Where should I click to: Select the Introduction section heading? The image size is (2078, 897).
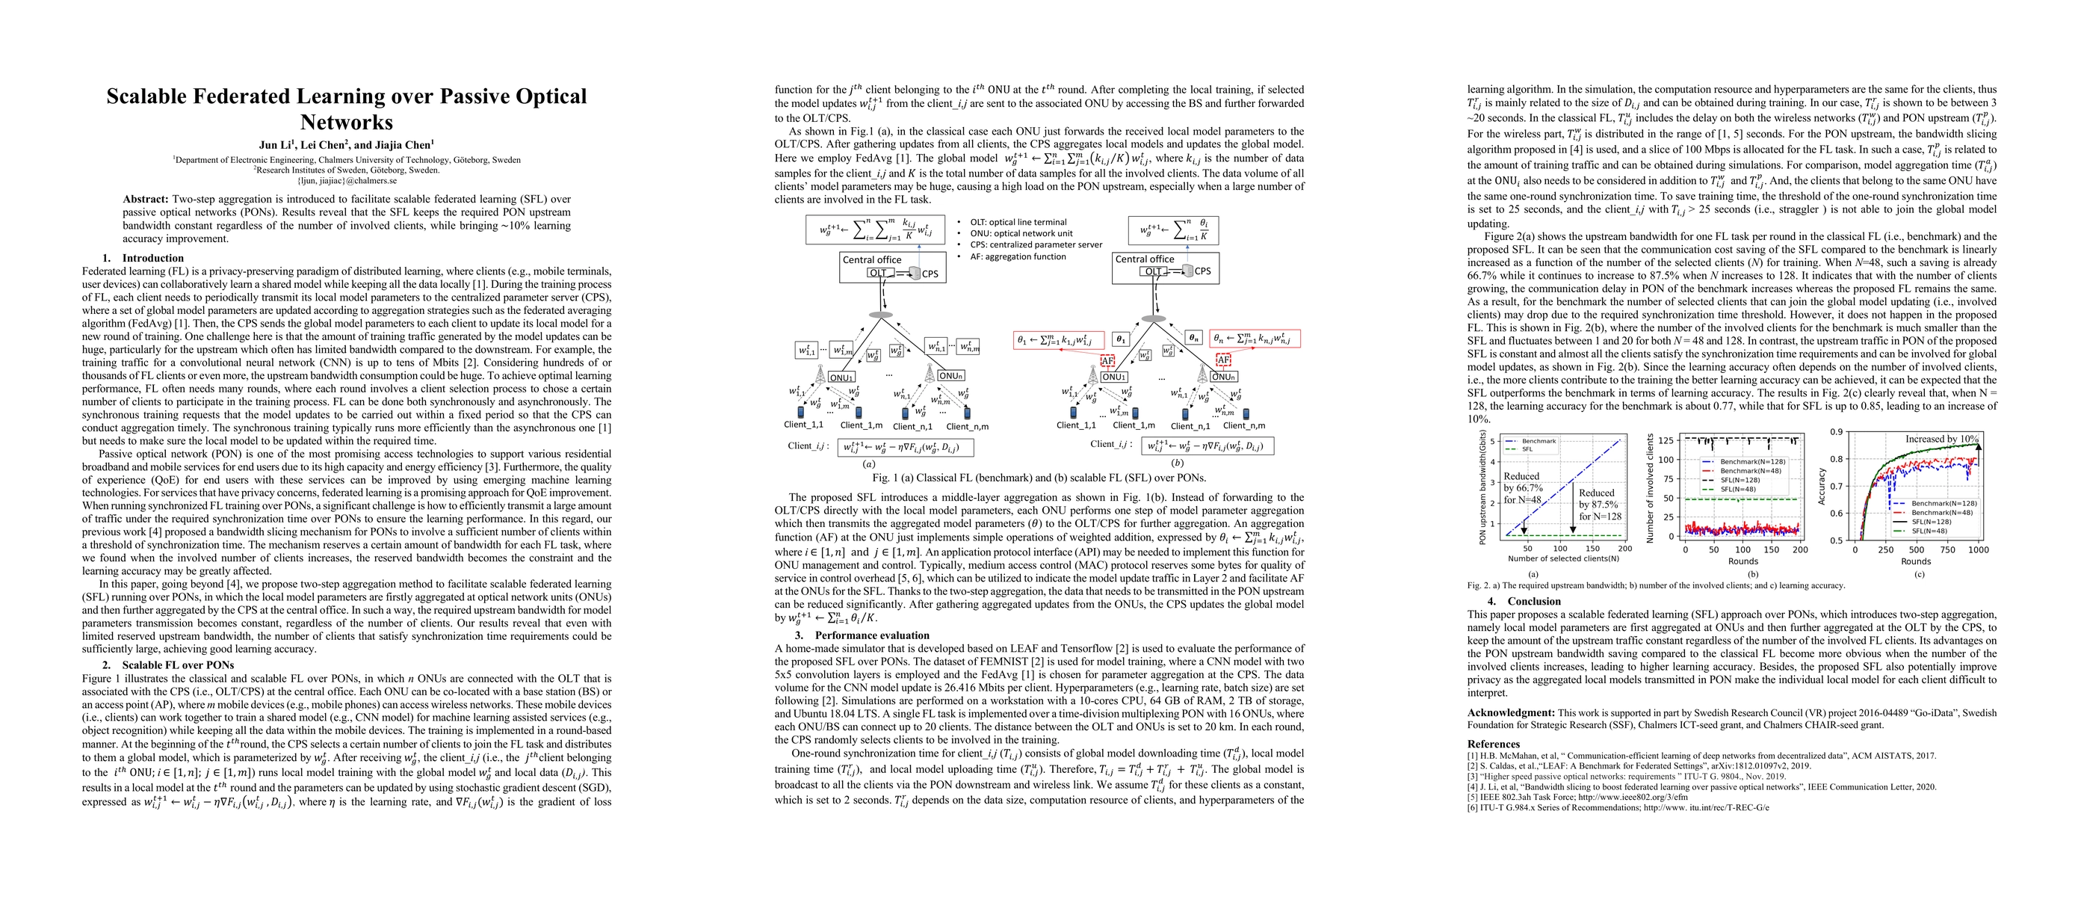click(x=152, y=258)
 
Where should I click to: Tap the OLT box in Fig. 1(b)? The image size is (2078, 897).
click(x=1154, y=272)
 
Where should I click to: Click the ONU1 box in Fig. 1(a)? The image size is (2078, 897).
click(x=841, y=377)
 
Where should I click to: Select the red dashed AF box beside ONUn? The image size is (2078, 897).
click(x=1224, y=360)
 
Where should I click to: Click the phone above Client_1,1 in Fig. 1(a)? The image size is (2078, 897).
click(x=801, y=412)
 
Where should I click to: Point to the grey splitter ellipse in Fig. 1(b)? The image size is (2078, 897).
click(x=1154, y=318)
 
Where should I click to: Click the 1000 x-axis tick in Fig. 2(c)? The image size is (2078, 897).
click(x=1978, y=550)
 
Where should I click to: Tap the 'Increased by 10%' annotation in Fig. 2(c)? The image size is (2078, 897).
click(x=1941, y=439)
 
